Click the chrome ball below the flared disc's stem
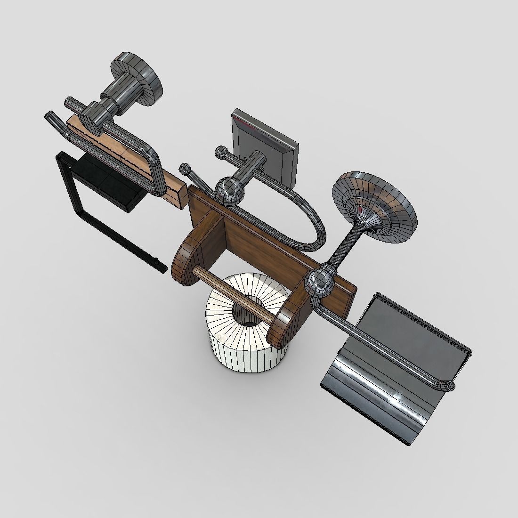[320, 283]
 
